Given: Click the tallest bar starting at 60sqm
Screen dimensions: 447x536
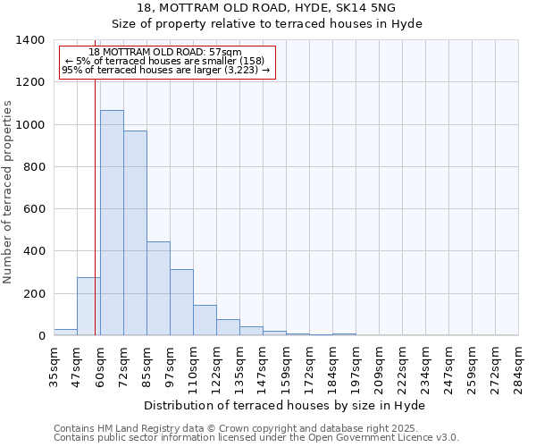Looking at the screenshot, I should (x=112, y=223).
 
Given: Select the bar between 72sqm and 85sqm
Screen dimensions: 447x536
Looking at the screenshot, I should (x=135, y=233).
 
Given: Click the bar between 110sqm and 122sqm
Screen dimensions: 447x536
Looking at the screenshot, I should (x=205, y=320).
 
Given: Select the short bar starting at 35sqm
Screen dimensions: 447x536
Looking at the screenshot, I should (x=65, y=333).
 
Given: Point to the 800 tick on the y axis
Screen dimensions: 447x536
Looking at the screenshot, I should (x=34, y=167).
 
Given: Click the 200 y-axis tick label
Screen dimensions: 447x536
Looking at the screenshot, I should (x=34, y=294).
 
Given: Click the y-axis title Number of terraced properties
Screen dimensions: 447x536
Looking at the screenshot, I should (x=8, y=191).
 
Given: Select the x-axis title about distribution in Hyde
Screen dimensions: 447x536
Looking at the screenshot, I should (x=284, y=405).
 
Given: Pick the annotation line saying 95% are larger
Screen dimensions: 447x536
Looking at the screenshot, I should (x=165, y=69).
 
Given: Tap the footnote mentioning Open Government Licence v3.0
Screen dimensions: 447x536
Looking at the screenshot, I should (x=256, y=437).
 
